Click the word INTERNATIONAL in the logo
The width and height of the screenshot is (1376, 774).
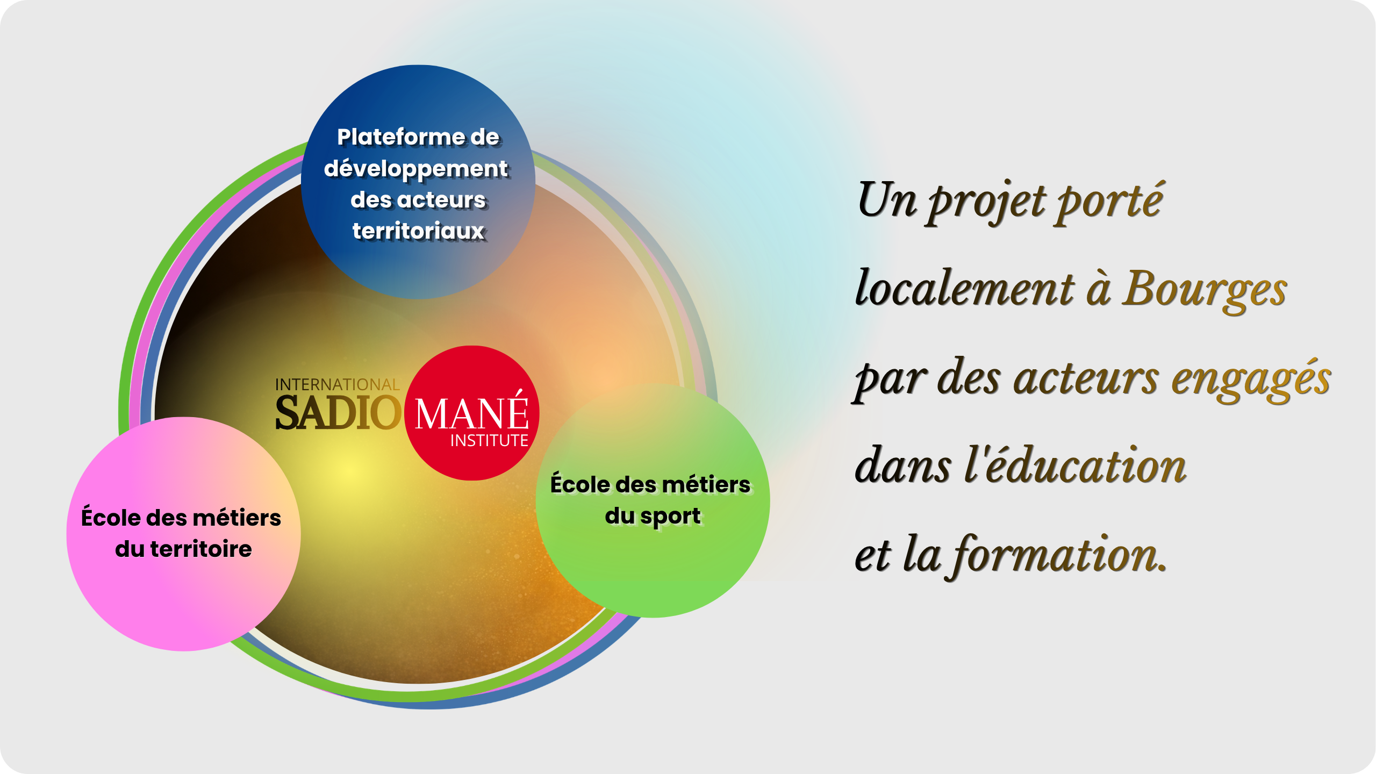338,384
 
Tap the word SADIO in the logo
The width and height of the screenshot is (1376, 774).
338,413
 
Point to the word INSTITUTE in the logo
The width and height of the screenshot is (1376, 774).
489,441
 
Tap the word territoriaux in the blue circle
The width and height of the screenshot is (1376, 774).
419,231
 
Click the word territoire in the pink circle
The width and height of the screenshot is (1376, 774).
201,549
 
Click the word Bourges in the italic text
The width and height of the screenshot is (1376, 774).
1204,290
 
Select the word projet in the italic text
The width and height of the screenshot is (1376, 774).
988,202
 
